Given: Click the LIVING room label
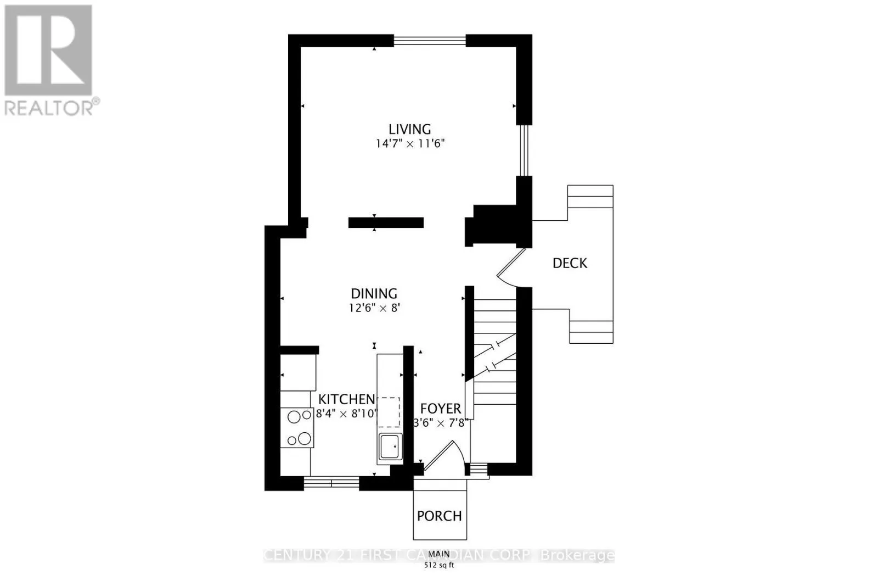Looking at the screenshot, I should pyautogui.click(x=409, y=129).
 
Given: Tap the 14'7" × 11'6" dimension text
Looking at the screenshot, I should pyautogui.click(x=409, y=144).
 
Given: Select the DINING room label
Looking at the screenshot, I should pyautogui.click(x=374, y=294).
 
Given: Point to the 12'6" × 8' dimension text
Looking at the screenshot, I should pyautogui.click(x=374, y=308).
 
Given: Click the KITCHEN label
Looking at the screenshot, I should pyautogui.click(x=347, y=399).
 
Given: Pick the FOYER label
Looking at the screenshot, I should pyautogui.click(x=440, y=409).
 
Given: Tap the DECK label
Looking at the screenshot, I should pyautogui.click(x=570, y=263).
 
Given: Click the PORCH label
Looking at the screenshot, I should pyautogui.click(x=439, y=516).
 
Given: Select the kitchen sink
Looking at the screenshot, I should pyautogui.click(x=390, y=447).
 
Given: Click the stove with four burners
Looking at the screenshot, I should pyautogui.click(x=297, y=428).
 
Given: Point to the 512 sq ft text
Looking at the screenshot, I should pyautogui.click(x=439, y=566).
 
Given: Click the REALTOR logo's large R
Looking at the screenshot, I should pyautogui.click(x=48, y=51).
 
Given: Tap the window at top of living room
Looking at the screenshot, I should pyautogui.click(x=430, y=40).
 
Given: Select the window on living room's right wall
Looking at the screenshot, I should pyautogui.click(x=524, y=150).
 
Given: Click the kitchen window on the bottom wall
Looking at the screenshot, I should pyautogui.click(x=331, y=483).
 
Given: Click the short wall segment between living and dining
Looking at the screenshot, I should pyautogui.click(x=386, y=222).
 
